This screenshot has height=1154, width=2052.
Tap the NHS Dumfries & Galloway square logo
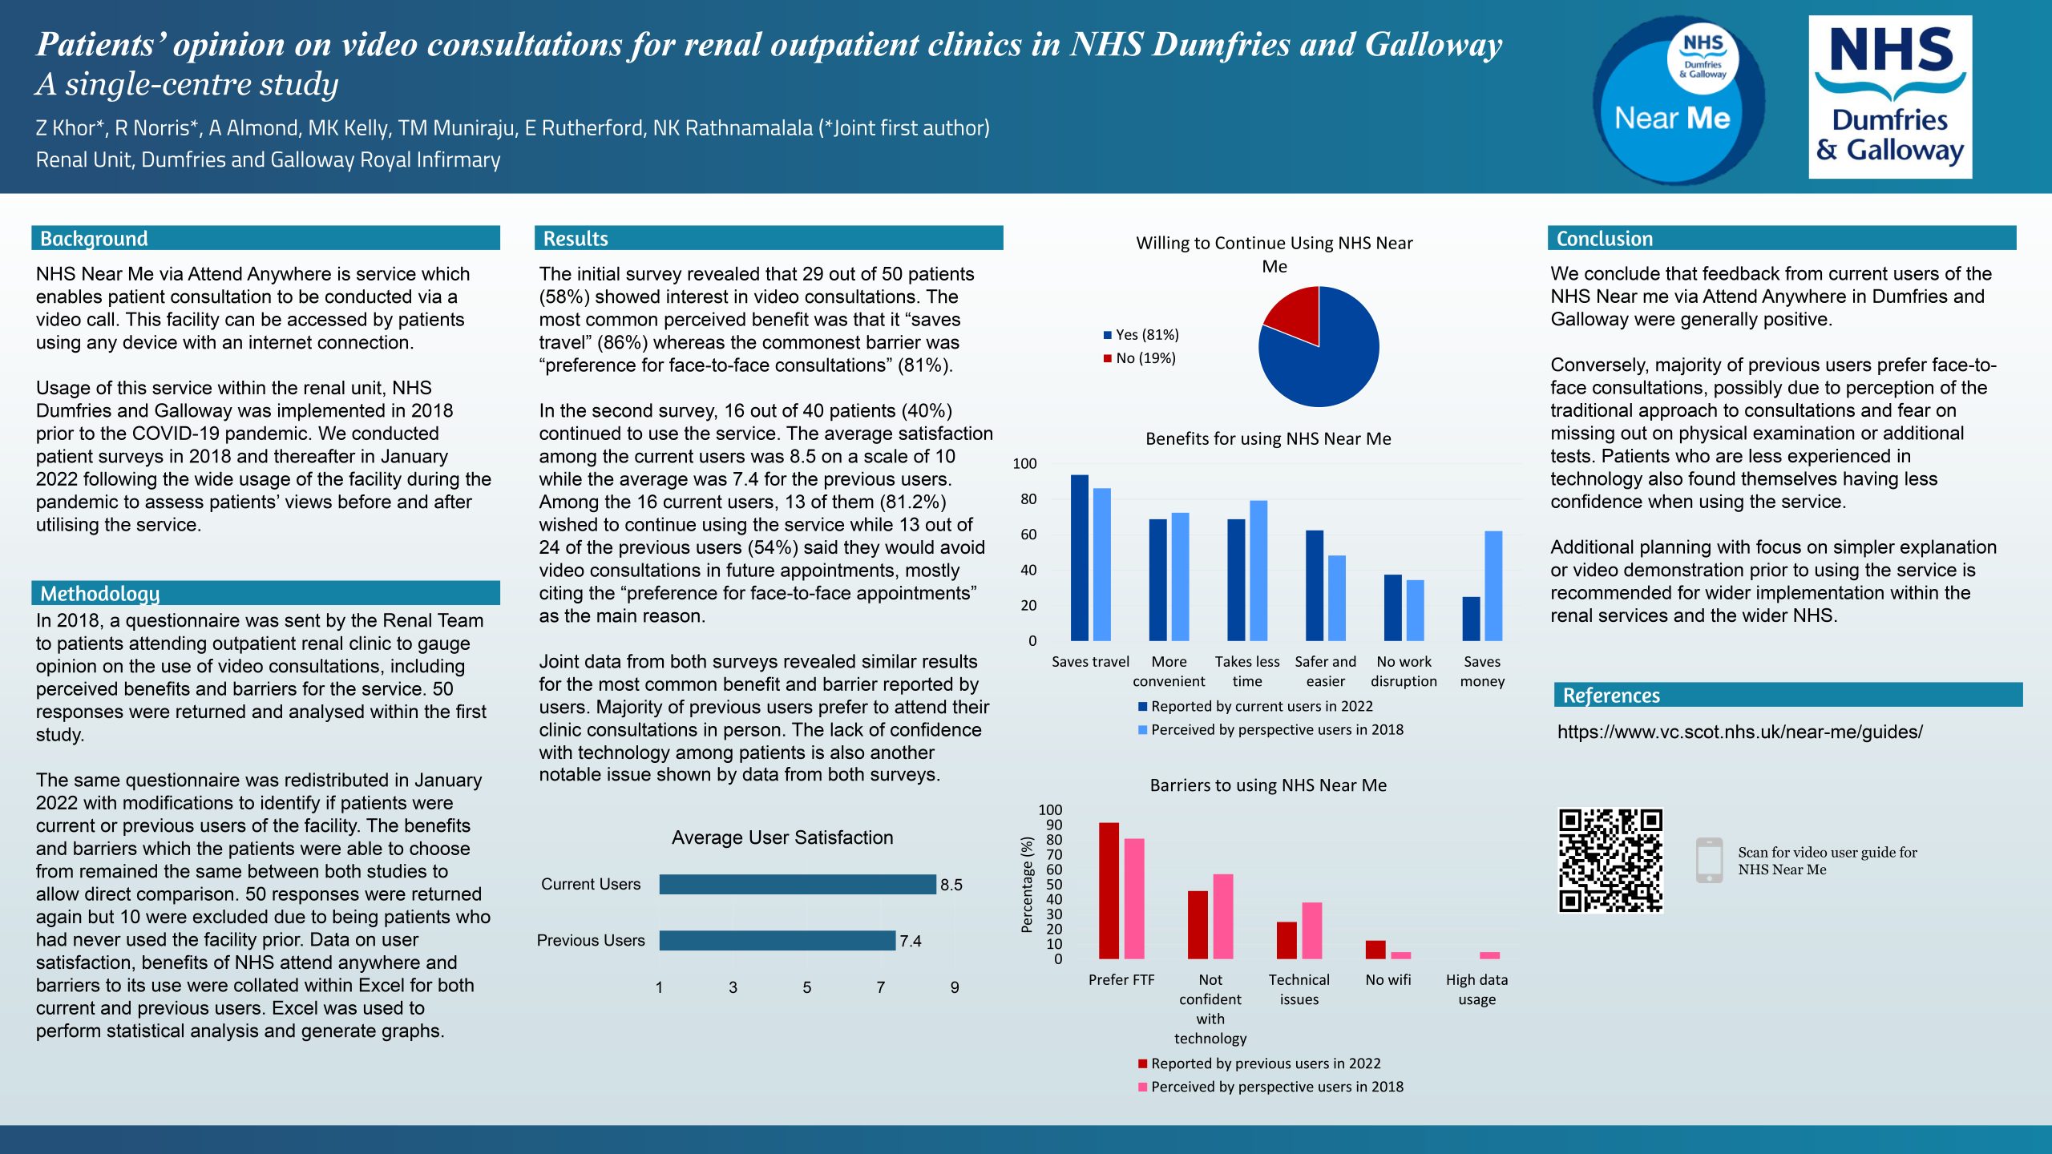pos(1889,97)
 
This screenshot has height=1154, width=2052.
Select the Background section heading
pos(94,239)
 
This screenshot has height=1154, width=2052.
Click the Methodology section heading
pos(99,594)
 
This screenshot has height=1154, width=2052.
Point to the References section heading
pos(1610,696)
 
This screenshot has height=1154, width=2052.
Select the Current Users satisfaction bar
pos(797,884)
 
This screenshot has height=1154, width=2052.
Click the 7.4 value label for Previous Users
pos(910,941)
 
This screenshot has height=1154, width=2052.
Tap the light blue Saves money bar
pos(1493,586)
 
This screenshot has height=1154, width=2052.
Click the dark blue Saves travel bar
pos(1079,558)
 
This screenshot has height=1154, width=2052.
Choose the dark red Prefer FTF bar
pos(1109,890)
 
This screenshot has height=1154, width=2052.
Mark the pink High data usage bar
pos(1489,955)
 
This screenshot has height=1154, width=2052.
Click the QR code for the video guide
pos(1610,860)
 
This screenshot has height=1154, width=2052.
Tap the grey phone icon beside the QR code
pos(1709,861)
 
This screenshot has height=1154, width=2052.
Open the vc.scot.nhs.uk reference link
pos(1739,732)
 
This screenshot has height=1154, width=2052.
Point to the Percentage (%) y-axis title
pos(1026,885)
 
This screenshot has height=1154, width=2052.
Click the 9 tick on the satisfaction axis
pos(954,987)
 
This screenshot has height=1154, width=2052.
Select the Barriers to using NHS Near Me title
pos(1267,785)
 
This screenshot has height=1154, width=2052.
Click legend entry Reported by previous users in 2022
pos(1265,1063)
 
